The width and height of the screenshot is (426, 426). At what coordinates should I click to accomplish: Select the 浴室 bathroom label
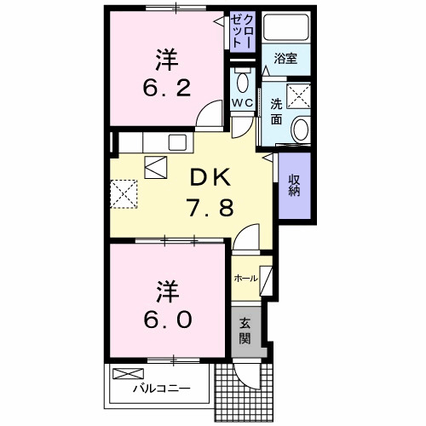(284, 58)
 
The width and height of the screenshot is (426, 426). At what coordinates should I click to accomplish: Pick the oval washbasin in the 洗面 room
(300, 128)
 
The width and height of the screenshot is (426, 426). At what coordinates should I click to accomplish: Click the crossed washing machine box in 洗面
(298, 96)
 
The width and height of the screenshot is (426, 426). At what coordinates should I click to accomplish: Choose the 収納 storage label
(294, 183)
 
